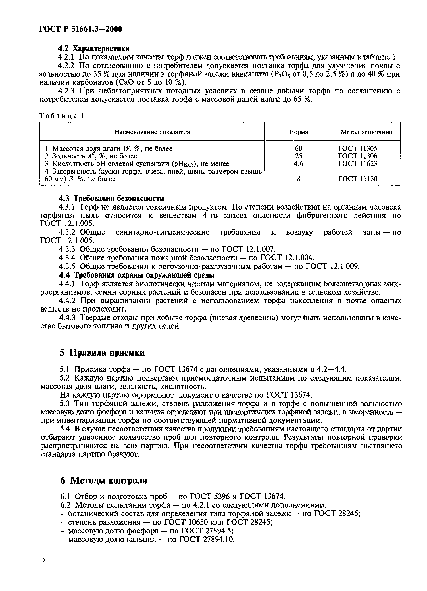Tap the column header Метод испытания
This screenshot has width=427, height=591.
tap(366, 132)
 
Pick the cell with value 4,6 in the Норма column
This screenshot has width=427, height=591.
tap(299, 164)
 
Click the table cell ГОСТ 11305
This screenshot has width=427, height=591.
tap(357, 149)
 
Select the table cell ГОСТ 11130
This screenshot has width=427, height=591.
tap(357, 179)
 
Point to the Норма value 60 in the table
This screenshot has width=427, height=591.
tap(299, 149)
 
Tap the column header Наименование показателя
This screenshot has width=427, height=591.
tap(152, 132)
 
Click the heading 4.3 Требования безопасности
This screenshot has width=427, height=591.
tap(111, 198)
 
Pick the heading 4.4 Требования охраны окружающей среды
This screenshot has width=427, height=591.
tap(137, 275)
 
